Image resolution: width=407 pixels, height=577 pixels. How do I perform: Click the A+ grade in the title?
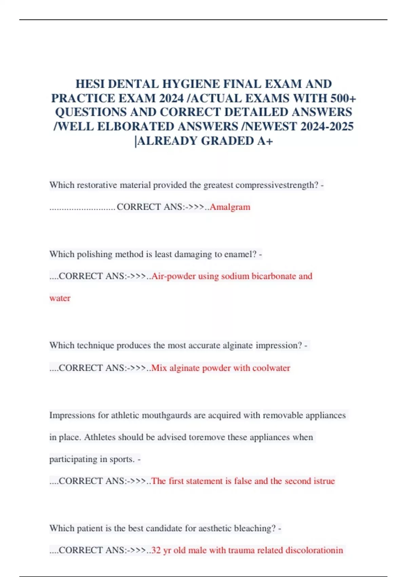(x=265, y=141)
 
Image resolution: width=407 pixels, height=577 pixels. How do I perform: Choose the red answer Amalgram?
(x=230, y=207)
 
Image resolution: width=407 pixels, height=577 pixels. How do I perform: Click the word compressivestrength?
(x=277, y=185)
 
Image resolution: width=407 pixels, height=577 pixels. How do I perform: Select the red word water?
(x=60, y=298)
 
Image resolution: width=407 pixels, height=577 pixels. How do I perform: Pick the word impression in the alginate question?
(x=278, y=346)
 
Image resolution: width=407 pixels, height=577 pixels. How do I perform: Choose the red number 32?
(x=156, y=550)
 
